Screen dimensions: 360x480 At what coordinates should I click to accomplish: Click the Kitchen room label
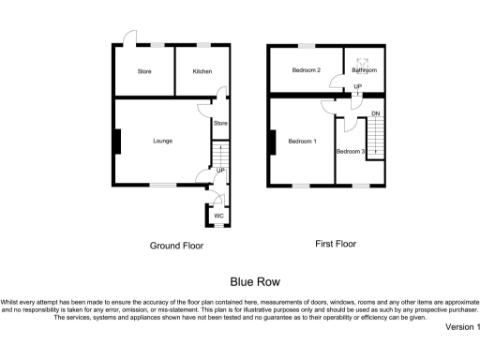202,71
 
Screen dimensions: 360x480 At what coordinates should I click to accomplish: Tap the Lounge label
163,141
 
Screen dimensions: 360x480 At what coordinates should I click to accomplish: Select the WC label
218,217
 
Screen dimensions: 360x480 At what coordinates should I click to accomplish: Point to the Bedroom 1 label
302,142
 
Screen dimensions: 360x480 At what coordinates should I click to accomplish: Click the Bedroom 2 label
306,71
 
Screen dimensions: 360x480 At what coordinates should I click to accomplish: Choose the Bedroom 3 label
350,151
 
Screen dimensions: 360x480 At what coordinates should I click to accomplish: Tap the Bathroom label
365,71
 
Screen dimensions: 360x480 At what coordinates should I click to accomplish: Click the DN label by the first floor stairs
375,114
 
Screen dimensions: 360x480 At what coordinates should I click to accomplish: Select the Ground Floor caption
176,246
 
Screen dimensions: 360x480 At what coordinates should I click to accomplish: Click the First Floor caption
337,245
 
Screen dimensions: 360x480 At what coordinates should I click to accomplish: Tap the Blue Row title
255,280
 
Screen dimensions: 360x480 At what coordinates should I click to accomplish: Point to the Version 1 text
462,327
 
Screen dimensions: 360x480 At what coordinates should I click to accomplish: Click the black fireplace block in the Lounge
118,141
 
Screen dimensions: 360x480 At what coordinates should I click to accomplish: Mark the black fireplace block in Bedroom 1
272,142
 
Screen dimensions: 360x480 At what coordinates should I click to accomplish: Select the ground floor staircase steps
218,154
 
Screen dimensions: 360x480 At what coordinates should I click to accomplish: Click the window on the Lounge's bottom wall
163,185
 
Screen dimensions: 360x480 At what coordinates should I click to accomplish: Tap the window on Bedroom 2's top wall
306,45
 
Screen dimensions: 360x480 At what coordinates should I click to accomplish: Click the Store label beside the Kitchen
144,71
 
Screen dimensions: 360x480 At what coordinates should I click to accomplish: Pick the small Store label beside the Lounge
220,123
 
